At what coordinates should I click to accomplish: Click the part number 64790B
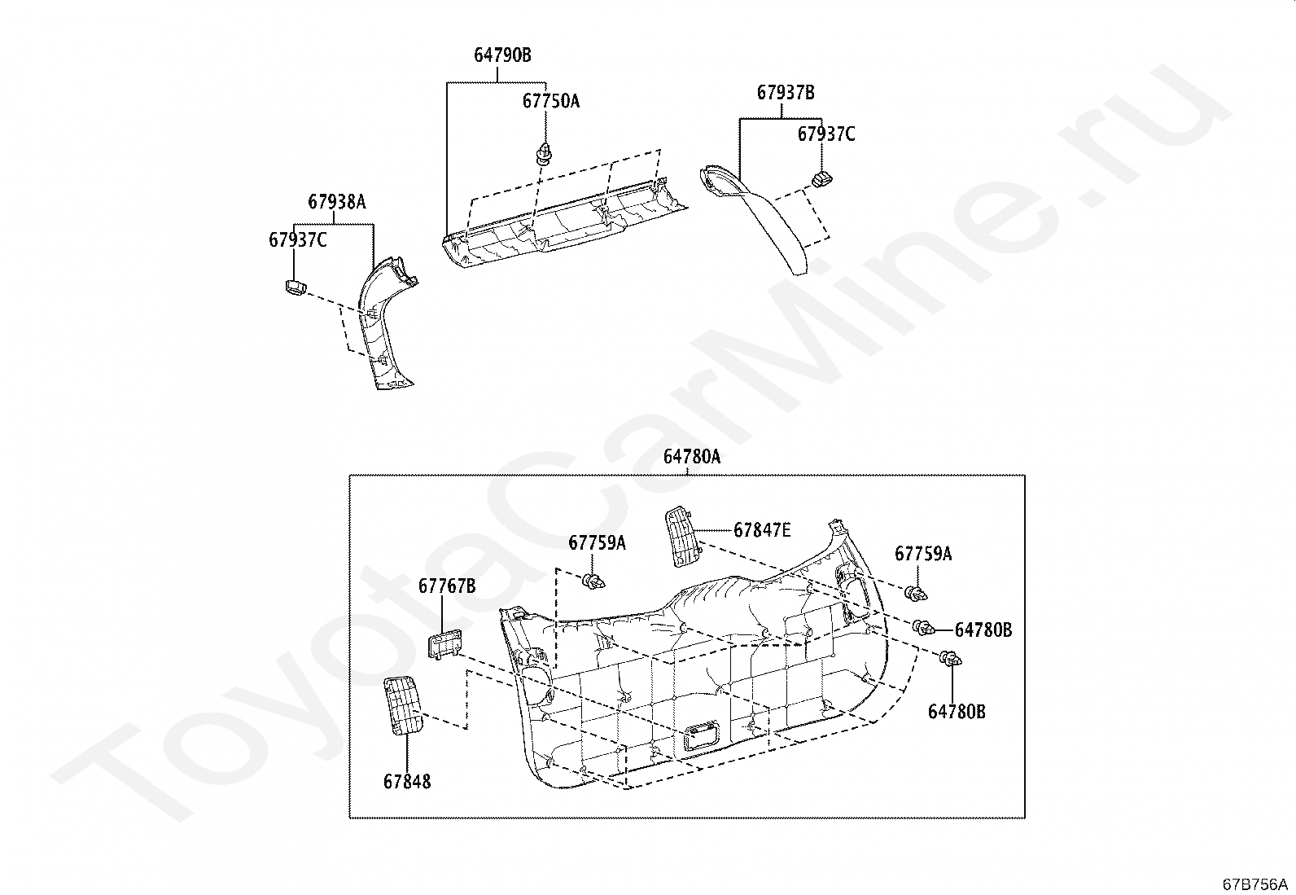502,55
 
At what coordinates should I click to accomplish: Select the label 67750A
551,101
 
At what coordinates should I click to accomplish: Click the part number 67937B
786,93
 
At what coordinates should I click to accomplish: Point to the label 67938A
336,201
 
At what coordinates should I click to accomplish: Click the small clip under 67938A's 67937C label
294,286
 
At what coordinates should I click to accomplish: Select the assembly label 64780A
691,457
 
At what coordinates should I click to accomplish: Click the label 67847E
762,530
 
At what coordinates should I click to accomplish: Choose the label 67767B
447,586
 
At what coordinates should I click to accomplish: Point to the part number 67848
407,782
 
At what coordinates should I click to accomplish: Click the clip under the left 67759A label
595,581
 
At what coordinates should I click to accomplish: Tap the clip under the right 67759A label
918,593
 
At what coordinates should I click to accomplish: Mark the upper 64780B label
983,630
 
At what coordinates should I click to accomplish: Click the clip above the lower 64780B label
950,660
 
